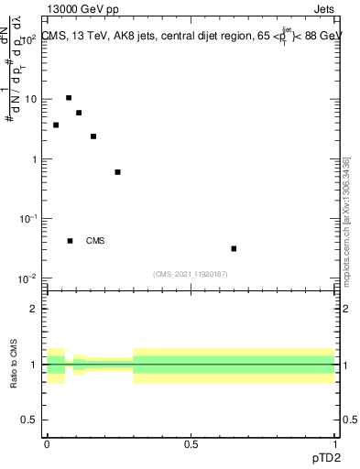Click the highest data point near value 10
click(69, 98)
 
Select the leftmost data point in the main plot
click(56, 125)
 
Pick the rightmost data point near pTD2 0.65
click(235, 248)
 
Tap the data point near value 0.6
click(117, 172)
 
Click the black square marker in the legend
click(71, 241)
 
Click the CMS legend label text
click(95, 241)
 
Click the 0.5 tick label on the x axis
click(191, 444)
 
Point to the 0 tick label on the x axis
click(47, 444)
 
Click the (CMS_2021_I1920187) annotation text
click(191, 274)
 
